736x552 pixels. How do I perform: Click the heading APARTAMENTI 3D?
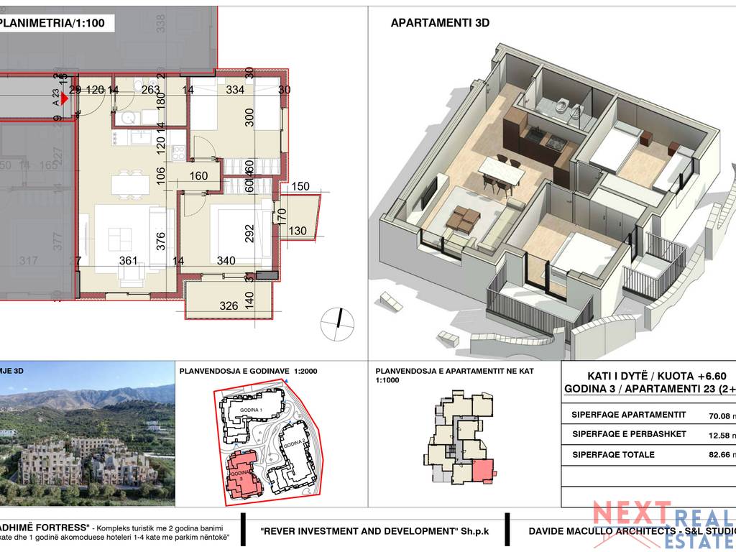coord(440,23)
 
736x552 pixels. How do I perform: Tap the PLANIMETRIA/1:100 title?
coord(53,23)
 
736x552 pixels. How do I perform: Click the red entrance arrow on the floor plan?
coord(73,98)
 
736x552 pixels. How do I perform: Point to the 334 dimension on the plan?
coord(235,90)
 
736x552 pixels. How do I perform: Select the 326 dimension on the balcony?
coord(229,305)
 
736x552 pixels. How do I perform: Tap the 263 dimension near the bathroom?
coord(150,90)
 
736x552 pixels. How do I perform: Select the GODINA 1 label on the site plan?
coord(241,408)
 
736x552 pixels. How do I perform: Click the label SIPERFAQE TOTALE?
coord(613,454)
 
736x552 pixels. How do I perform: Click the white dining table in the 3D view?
coord(500,166)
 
